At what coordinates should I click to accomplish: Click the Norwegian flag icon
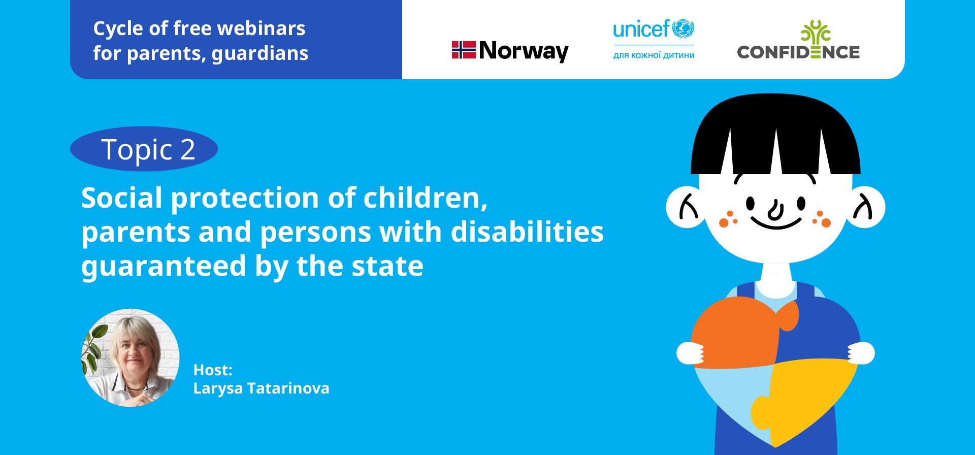(x=464, y=50)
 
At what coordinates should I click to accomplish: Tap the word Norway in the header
(x=524, y=51)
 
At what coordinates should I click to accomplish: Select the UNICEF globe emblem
(x=683, y=29)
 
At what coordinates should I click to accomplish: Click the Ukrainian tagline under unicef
(x=654, y=55)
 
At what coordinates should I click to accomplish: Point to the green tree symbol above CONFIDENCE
(x=815, y=31)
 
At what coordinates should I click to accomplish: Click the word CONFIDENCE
(x=798, y=52)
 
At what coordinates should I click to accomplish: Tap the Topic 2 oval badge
(x=144, y=149)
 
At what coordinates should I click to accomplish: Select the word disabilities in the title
(x=527, y=232)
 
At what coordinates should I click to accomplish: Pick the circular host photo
(x=131, y=357)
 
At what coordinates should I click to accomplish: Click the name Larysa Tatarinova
(x=261, y=388)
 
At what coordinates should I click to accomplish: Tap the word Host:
(x=213, y=370)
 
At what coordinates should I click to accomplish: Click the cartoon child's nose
(x=775, y=210)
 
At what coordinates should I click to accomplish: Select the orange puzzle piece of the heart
(x=741, y=333)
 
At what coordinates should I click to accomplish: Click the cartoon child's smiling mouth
(x=775, y=223)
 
